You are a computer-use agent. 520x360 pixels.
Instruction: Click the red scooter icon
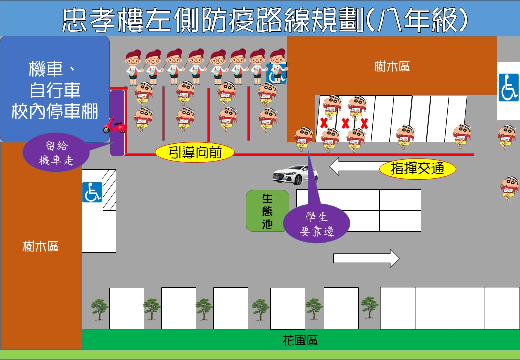click(114, 126)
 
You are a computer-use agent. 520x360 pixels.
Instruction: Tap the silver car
click(295, 174)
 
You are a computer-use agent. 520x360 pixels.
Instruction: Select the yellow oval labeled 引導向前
click(195, 153)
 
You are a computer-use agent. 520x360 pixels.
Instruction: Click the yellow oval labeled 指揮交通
click(418, 169)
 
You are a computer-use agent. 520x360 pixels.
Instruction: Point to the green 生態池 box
click(267, 210)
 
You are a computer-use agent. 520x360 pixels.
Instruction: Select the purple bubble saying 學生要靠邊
click(317, 224)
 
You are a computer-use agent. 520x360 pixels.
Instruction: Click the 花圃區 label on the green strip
click(300, 341)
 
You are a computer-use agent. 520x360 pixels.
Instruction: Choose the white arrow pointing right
click(366, 258)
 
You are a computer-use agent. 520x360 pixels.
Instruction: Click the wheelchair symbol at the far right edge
click(508, 88)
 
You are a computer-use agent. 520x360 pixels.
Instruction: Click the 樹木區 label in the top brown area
click(392, 66)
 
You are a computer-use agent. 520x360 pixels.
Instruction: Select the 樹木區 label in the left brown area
click(41, 246)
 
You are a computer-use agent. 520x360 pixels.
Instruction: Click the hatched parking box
click(109, 190)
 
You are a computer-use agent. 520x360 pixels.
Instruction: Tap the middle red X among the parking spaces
click(345, 122)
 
